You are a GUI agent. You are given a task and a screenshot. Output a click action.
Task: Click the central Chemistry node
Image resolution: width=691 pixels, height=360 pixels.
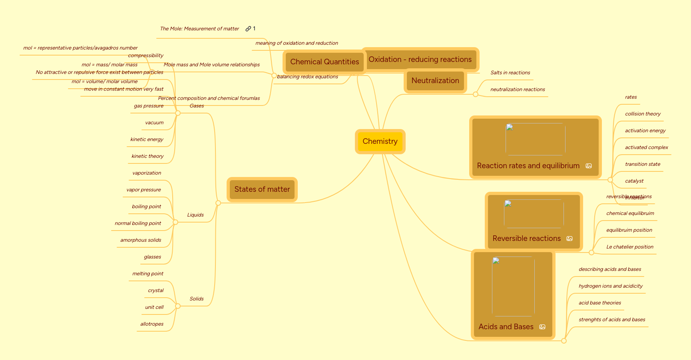[380, 141]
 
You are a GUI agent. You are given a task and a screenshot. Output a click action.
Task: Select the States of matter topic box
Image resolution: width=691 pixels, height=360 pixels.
[262, 189]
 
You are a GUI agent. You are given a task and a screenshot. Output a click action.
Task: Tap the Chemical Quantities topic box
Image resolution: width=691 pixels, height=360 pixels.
[324, 62]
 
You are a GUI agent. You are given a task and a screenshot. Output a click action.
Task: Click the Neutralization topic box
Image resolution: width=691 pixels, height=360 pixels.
[435, 81]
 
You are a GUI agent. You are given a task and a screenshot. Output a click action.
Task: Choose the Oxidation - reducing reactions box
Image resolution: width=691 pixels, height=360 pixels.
[420, 60]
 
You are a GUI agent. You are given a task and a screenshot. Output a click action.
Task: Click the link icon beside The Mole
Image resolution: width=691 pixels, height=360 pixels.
[248, 29]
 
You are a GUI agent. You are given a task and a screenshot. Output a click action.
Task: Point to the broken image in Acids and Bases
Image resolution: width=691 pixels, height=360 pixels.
[513, 286]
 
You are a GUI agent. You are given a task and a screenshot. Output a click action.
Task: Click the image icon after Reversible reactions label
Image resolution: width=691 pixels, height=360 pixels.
[570, 239]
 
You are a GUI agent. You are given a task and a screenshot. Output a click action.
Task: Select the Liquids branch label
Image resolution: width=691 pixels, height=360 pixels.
[195, 215]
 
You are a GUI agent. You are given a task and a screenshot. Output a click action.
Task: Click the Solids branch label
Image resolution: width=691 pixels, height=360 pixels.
[197, 299]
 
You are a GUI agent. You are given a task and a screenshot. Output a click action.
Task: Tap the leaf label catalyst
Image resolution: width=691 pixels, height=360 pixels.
[634, 181]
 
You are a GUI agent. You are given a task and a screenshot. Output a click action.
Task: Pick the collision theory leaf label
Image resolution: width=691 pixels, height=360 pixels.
[643, 114]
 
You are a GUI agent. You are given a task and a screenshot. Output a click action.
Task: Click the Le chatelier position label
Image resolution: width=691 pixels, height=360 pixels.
[629, 247]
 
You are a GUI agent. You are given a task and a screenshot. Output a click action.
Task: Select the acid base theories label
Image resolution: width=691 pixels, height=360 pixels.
[599, 303]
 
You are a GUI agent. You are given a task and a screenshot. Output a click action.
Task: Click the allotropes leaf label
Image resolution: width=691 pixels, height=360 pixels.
[152, 324]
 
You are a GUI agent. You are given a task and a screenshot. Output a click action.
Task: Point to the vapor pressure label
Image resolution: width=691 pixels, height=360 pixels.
[143, 190]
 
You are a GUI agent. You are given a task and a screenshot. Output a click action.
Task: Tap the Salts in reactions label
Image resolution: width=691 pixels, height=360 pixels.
[510, 73]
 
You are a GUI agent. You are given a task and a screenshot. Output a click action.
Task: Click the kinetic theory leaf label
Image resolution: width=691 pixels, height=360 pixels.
[147, 156]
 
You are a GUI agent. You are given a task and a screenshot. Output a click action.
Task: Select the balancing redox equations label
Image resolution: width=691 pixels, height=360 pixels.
[307, 77]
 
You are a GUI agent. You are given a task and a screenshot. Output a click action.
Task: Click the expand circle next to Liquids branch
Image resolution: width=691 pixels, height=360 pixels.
[175, 222]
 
